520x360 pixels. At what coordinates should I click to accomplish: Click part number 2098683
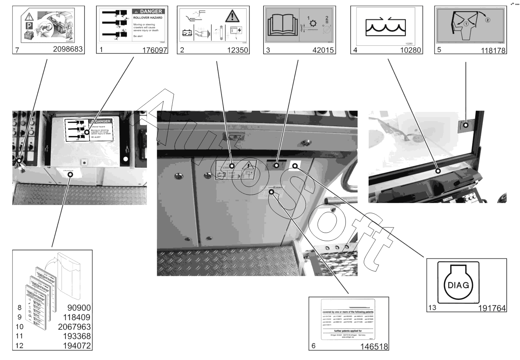tap(68, 49)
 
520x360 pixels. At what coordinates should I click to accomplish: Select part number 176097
tap(155, 50)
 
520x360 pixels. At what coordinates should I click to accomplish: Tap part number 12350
tap(237, 50)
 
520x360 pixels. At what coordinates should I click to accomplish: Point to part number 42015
tap(323, 50)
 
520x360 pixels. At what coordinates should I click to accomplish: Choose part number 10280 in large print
tap(410, 50)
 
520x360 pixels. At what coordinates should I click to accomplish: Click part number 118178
tap(493, 51)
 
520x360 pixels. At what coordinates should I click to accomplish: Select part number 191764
tap(492, 308)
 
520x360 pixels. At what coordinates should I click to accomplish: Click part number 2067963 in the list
tap(74, 327)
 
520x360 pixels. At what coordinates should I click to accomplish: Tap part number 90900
tap(79, 308)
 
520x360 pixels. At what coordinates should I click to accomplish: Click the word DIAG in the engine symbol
tap(458, 285)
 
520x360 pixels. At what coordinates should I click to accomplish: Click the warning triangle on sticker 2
tap(232, 16)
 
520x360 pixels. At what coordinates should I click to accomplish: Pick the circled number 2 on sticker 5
tap(488, 20)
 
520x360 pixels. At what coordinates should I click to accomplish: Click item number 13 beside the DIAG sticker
tap(432, 308)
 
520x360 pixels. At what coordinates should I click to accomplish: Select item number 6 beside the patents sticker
tap(314, 346)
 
